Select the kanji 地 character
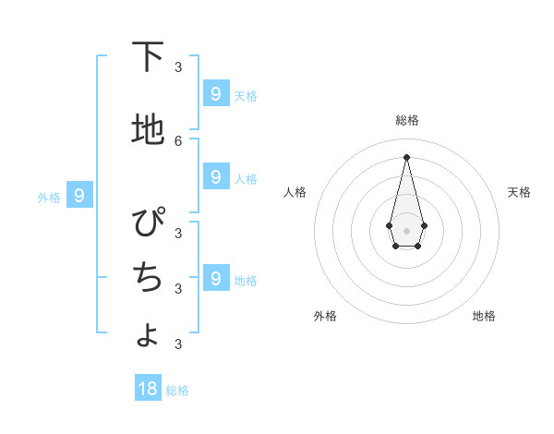148,130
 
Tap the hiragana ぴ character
148,223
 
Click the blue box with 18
148,389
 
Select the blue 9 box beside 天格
215,93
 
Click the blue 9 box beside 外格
79,195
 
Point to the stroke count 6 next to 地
178,140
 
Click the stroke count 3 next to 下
178,66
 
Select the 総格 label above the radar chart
407,120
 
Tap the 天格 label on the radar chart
519,192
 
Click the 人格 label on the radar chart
295,192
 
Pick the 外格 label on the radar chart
325,316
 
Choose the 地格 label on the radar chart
484,316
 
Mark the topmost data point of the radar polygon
406,156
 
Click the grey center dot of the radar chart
406,230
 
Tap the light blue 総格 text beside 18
177,391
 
